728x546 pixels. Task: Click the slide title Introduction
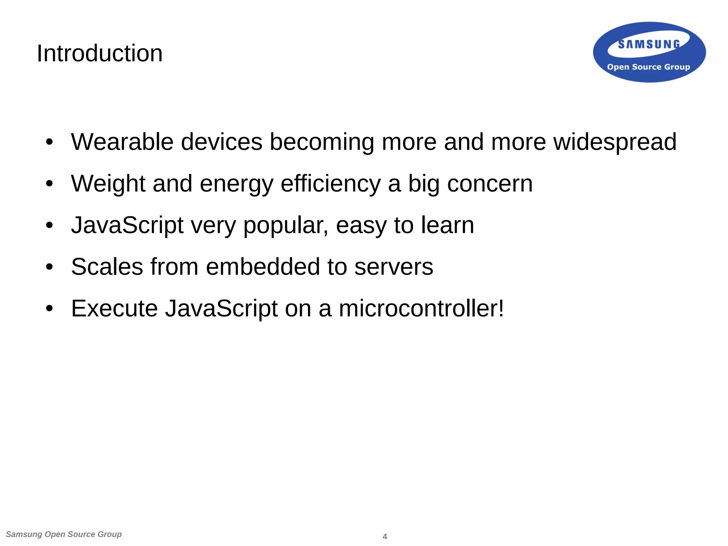point(100,53)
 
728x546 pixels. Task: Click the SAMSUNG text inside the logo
point(649,44)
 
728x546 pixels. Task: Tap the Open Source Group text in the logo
point(648,67)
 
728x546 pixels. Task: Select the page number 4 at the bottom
point(385,536)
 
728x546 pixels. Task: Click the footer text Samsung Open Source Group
point(64,534)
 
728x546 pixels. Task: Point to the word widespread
point(615,142)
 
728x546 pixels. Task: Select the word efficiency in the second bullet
point(330,184)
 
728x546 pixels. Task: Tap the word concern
point(490,184)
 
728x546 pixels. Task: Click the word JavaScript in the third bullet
point(127,225)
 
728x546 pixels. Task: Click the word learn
point(448,225)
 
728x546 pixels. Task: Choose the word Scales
point(107,267)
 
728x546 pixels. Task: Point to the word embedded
point(263,267)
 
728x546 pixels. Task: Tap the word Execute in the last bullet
point(114,308)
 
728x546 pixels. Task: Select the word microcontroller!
point(421,308)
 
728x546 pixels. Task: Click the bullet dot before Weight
point(49,184)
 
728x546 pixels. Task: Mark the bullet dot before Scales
point(49,267)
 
